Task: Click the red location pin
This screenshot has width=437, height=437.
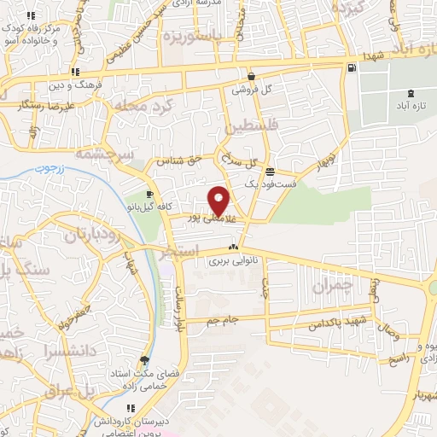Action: (219, 201)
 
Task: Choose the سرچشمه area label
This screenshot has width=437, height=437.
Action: (100, 154)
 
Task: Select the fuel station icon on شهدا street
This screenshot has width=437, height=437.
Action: (352, 67)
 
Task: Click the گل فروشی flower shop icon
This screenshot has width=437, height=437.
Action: (252, 75)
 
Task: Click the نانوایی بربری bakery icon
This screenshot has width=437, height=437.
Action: (232, 247)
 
